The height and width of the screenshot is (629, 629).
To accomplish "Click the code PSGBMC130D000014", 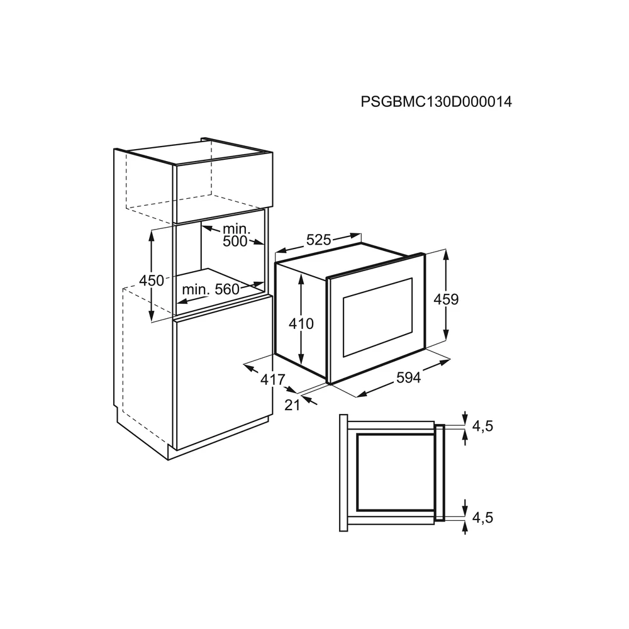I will (436, 102).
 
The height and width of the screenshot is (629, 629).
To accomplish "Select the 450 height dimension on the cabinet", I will (151, 281).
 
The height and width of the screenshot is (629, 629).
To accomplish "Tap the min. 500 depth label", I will (236, 237).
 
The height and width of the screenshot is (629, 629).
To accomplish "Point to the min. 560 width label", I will (211, 289).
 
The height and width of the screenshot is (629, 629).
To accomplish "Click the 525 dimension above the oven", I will (319, 240).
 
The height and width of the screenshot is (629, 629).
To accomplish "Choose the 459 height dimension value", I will (446, 299).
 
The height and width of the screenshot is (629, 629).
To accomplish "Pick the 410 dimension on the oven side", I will (301, 324).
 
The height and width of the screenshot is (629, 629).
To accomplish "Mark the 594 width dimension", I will (408, 377).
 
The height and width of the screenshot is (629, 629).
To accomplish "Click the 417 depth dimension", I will (272, 379).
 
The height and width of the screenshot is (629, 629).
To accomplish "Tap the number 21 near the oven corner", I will (292, 405).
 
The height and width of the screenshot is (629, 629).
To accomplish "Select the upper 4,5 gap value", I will (482, 426).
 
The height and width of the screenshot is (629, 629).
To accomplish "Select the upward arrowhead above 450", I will (151, 234).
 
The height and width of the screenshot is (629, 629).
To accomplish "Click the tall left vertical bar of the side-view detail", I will (343, 472).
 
